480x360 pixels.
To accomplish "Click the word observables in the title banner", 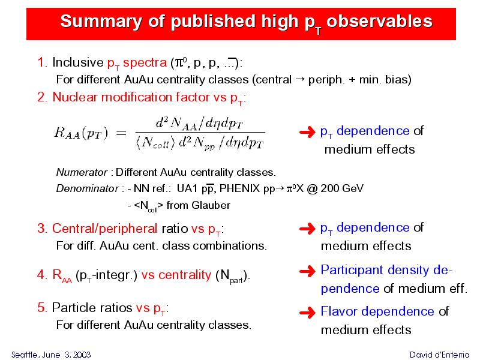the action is click(x=379, y=21).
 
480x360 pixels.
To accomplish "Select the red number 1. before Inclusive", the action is click(x=42, y=62).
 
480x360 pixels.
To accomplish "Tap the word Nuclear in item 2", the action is click(x=75, y=97).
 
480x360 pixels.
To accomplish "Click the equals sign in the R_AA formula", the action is click(x=121, y=133).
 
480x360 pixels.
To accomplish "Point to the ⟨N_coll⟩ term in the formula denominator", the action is click(x=155, y=143).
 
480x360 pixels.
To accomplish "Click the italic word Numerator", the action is click(x=82, y=172).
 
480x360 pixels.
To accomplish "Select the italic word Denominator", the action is click(x=87, y=188).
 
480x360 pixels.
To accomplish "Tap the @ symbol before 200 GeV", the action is click(x=312, y=188).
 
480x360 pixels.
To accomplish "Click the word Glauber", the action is click(x=211, y=205).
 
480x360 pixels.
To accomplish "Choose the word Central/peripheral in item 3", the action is click(x=104, y=229).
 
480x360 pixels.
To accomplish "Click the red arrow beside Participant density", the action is click(x=307, y=271).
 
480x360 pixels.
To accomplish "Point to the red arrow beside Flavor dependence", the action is click(x=307, y=313).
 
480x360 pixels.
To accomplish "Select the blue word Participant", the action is click(x=352, y=271).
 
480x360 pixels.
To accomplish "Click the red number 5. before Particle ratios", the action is click(x=42, y=308).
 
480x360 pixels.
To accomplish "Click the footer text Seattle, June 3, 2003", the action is click(x=51, y=355).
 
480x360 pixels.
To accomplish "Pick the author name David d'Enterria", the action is click(x=439, y=355).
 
